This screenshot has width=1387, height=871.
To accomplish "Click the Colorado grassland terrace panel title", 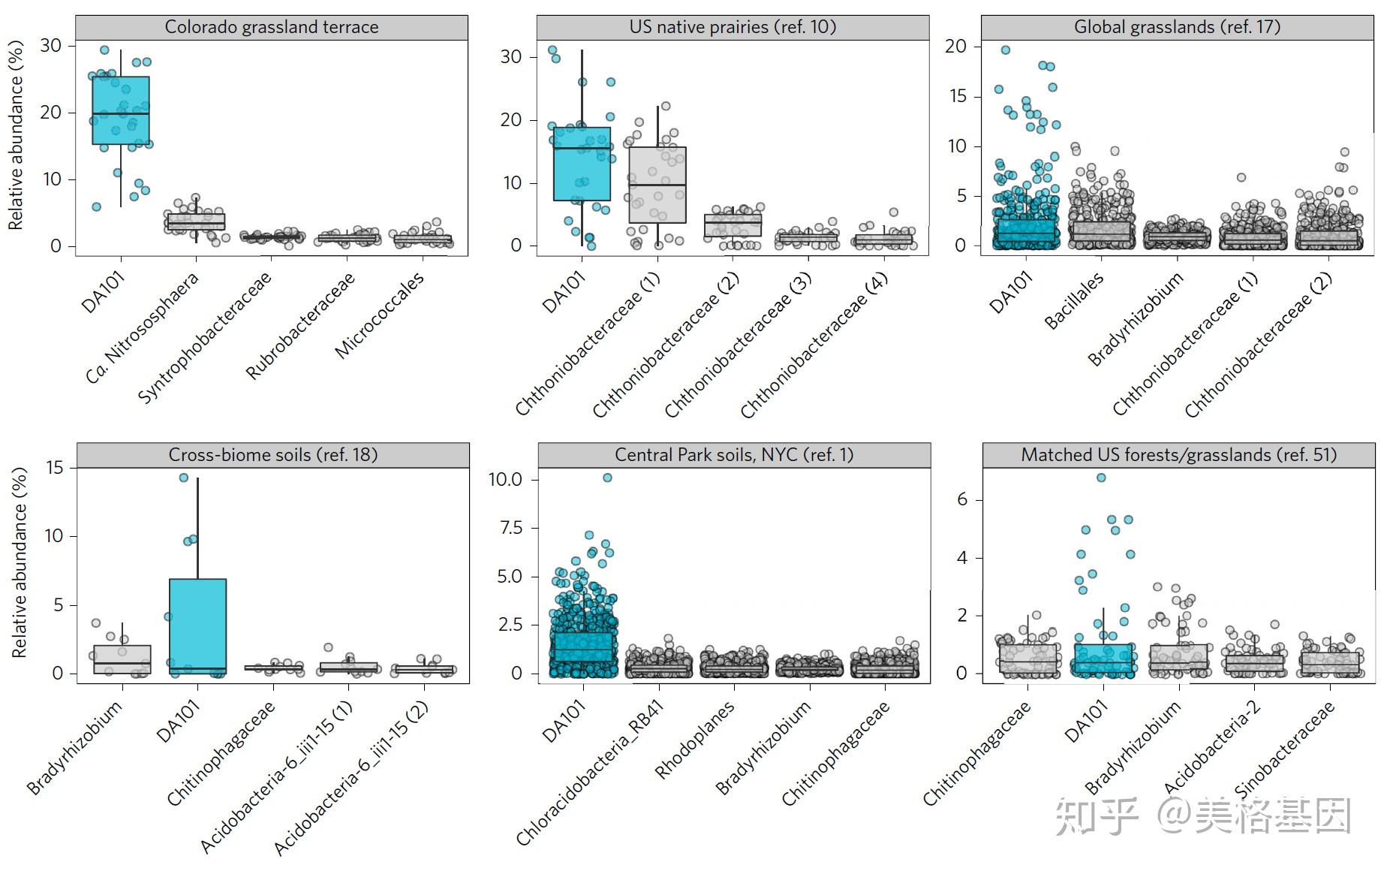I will pos(272,27).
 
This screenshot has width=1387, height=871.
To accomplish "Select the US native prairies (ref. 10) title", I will pos(733,27).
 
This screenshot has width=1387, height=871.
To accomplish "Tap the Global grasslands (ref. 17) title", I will pos(1177,27).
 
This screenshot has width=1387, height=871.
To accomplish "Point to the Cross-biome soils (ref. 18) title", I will pos(273,455).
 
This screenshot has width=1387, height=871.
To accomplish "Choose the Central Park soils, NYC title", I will pos(734,455).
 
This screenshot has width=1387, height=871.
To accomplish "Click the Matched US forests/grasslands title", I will pos(1178,455).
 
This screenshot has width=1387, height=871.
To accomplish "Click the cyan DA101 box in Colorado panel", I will pos(121,110).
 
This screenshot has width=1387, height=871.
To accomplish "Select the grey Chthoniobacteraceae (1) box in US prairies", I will pos(657,185).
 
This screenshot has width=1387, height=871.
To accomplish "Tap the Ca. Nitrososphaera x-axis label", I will pos(143,327).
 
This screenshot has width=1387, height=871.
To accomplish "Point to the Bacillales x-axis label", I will pos(1074,300).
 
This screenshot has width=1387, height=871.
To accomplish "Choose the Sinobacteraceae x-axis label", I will pos(1284,749).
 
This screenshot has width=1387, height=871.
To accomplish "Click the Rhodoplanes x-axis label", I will pos(694,740).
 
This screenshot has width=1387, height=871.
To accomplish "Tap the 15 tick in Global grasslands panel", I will pos(957,96).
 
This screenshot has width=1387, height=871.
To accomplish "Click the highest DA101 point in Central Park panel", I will pos(607,478).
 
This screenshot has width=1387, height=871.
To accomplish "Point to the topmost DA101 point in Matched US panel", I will pos(1101,478).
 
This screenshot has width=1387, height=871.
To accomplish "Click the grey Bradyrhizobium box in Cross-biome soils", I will pos(122,659).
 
